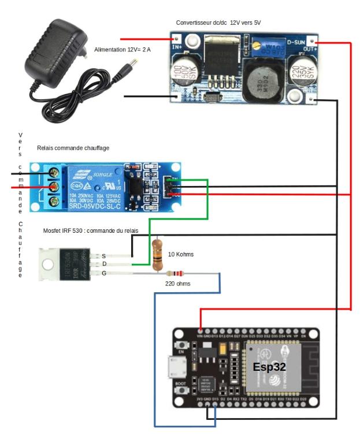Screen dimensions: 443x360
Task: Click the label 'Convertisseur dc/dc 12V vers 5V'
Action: coord(219,23)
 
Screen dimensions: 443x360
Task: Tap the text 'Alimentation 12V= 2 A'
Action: coord(122,50)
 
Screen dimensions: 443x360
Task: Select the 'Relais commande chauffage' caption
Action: coord(73,148)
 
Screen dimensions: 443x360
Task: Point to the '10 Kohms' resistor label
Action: coord(180,254)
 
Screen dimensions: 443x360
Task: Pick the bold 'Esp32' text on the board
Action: coord(269,367)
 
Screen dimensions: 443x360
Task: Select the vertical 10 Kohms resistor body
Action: coord(157,254)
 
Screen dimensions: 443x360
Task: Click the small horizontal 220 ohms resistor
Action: coord(175,273)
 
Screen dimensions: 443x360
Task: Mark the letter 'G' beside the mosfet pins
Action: coord(103,273)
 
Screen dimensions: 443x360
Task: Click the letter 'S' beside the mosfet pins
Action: coord(103,255)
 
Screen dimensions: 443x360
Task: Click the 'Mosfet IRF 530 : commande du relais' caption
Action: coord(91,230)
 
